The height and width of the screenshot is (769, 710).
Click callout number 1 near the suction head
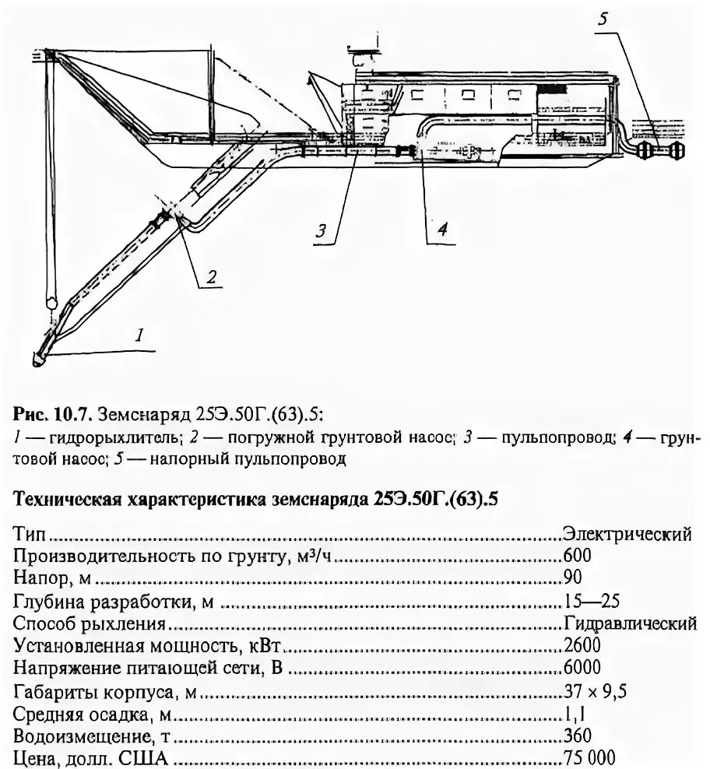[139, 336]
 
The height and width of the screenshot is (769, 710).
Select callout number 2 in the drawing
[210, 275]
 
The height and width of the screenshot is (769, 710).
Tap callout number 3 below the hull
[321, 230]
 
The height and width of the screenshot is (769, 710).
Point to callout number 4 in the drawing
[441, 229]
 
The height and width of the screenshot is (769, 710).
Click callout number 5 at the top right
[602, 19]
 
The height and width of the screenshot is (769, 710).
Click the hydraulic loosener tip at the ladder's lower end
[39, 359]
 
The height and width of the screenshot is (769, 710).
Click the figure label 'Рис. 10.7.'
[44, 409]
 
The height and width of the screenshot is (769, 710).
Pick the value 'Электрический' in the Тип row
[627, 534]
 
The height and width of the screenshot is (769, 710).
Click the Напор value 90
[571, 578]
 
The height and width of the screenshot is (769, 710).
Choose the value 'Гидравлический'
[629, 623]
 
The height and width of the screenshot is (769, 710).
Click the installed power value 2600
[581, 645]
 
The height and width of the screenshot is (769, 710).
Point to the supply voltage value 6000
[581, 668]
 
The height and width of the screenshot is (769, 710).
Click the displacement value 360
[576, 735]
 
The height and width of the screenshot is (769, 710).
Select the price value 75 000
[589, 757]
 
